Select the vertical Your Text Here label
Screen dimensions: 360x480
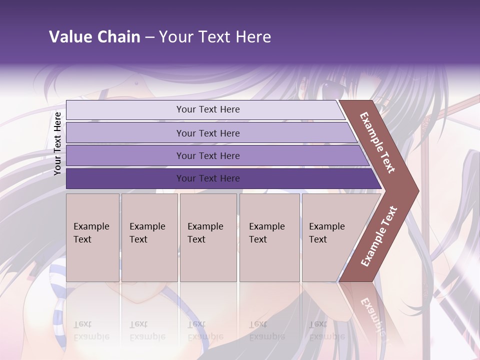[x=57, y=143]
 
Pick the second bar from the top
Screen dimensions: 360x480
[x=208, y=133]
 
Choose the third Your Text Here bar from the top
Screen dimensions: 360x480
[x=208, y=155]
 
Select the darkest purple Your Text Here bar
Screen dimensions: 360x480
[x=208, y=178]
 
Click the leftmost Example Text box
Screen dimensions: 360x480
[x=92, y=237]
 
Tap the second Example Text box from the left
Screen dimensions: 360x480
[x=149, y=237]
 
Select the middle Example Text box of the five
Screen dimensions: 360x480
[x=208, y=237]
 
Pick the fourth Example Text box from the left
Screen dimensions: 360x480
[x=269, y=237]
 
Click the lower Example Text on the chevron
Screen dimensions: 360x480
[x=379, y=236]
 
